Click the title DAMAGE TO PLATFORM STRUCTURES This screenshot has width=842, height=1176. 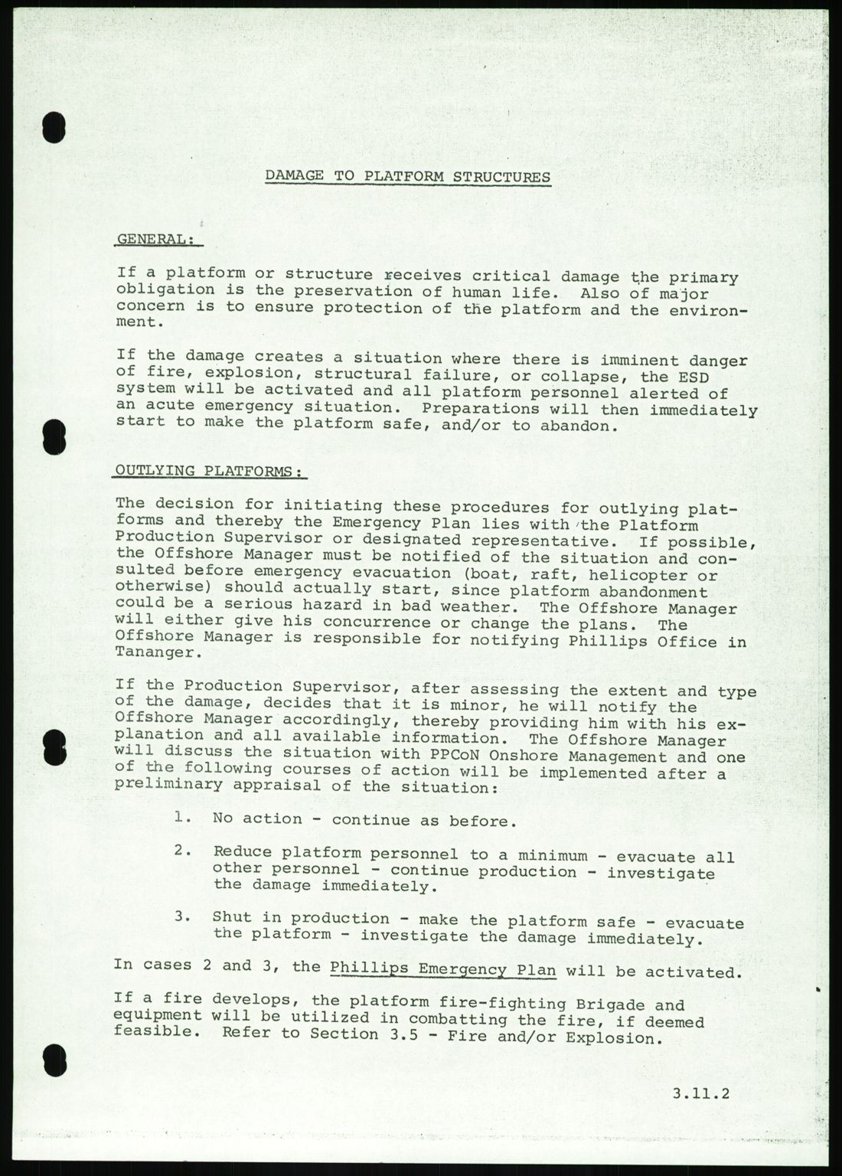pyautogui.click(x=407, y=177)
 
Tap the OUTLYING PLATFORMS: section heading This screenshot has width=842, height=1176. pyautogui.click(x=208, y=472)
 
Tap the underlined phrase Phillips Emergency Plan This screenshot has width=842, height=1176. pyautogui.click(x=443, y=968)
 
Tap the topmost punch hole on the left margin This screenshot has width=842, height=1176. pyautogui.click(x=53, y=127)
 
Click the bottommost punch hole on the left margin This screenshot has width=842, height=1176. pyautogui.click(x=53, y=1063)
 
